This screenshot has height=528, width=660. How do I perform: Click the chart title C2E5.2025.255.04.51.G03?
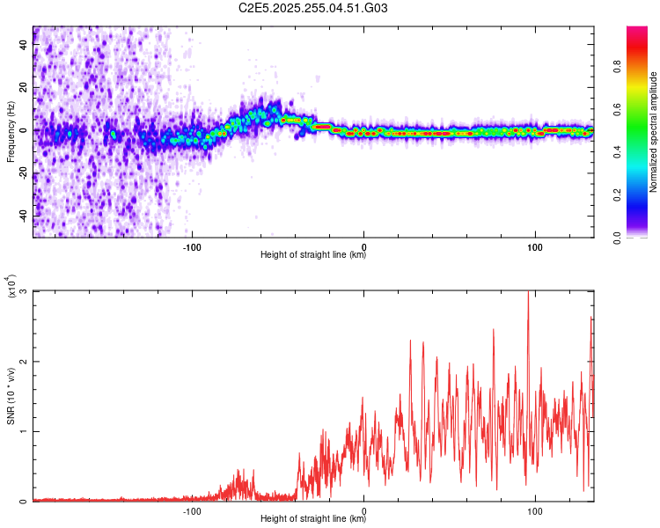pyautogui.click(x=313, y=9)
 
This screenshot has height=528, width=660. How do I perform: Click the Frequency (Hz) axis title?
pyautogui.click(x=11, y=131)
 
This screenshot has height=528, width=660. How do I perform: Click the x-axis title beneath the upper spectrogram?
pyautogui.click(x=313, y=255)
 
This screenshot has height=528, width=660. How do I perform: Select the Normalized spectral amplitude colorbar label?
pyautogui.click(x=654, y=132)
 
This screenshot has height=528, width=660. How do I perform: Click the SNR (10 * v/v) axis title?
pyautogui.click(x=11, y=395)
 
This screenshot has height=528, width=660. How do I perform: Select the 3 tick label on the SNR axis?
pyautogui.click(x=25, y=291)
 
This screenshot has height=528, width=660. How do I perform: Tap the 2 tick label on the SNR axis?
pyautogui.click(x=25, y=362)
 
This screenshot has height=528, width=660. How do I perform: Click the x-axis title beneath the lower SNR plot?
pyautogui.click(x=313, y=519)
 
